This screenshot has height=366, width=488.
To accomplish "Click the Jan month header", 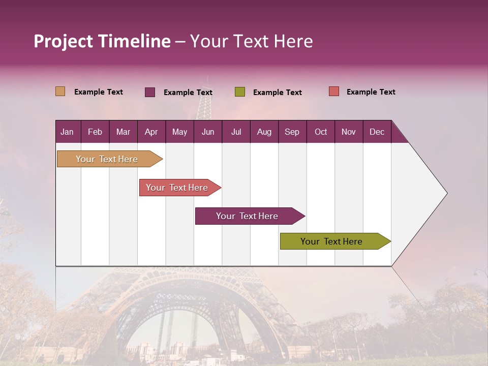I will [x=68, y=132].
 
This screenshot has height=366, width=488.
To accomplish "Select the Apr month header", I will [x=151, y=132].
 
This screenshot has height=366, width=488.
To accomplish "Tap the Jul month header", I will [x=236, y=132].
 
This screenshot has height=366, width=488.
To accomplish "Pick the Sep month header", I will [x=292, y=132].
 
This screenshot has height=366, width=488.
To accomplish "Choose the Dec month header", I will [x=377, y=132].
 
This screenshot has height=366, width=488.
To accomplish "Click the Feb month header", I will [x=95, y=132].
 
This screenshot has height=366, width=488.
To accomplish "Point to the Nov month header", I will [x=349, y=132].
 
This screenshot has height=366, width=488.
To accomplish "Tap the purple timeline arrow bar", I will [x=248, y=216].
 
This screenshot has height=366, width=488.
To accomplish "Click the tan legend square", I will [x=60, y=91].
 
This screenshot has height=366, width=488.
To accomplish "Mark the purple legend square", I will [x=150, y=92].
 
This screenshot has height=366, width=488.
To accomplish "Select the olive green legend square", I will [x=240, y=92].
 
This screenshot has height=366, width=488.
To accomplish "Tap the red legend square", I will [x=334, y=91].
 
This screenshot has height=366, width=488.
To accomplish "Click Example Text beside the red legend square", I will [x=371, y=92].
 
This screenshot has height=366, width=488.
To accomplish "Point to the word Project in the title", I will [x=63, y=41].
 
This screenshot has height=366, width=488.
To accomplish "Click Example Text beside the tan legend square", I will [x=98, y=92].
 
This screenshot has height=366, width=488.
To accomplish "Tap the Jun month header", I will [x=208, y=132].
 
